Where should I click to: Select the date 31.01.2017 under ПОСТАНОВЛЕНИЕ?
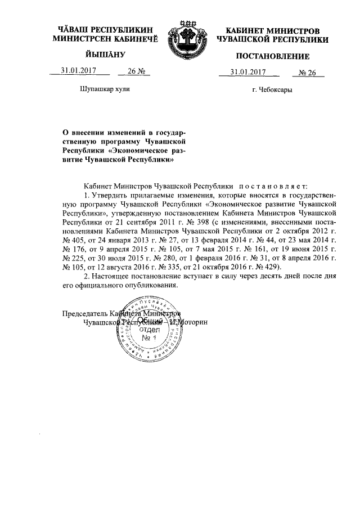click(x=248, y=72)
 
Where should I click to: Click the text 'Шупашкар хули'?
click(x=101, y=89)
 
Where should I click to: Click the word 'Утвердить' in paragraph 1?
click(x=110, y=195)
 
